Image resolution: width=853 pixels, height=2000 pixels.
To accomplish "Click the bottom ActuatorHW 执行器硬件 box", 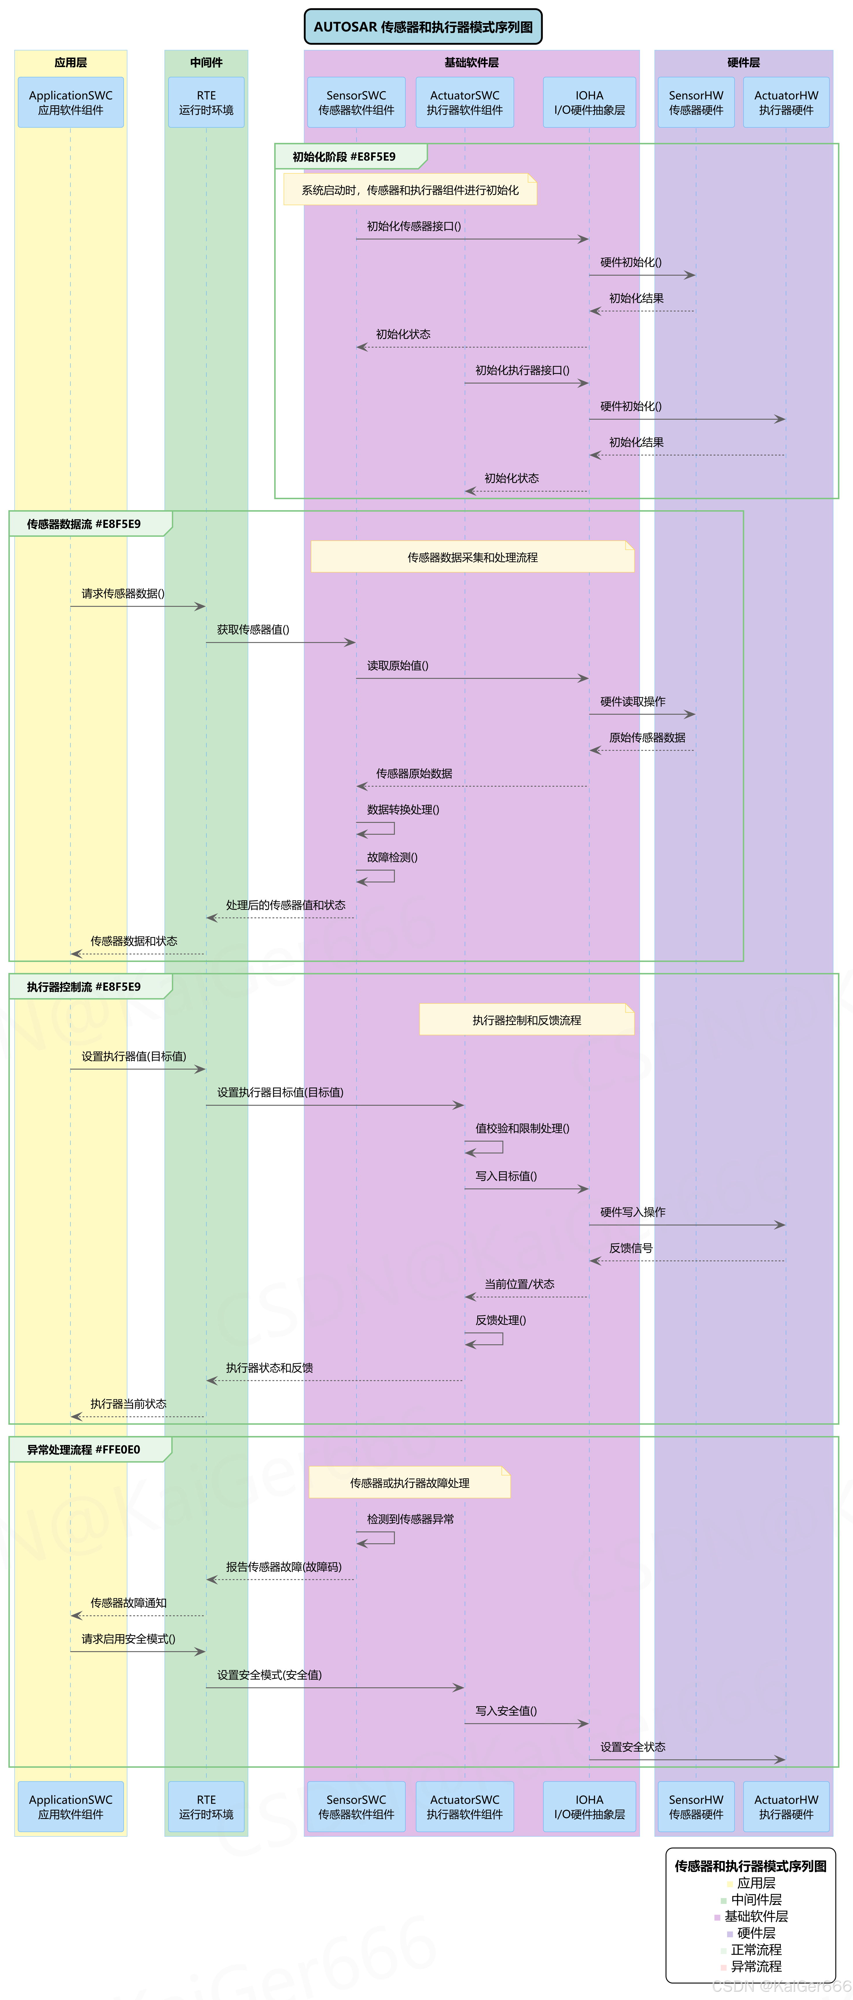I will point(786,1807).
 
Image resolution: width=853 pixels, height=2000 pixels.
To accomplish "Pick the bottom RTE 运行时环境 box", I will point(207,1807).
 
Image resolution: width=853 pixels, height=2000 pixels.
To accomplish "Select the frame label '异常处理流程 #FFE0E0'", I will point(84,1450).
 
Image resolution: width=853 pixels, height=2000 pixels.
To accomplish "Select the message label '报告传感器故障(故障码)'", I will point(283,1567).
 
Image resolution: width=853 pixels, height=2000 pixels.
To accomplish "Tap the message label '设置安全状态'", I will point(633,1747).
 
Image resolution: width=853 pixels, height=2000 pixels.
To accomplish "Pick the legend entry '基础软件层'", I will point(756,1916).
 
